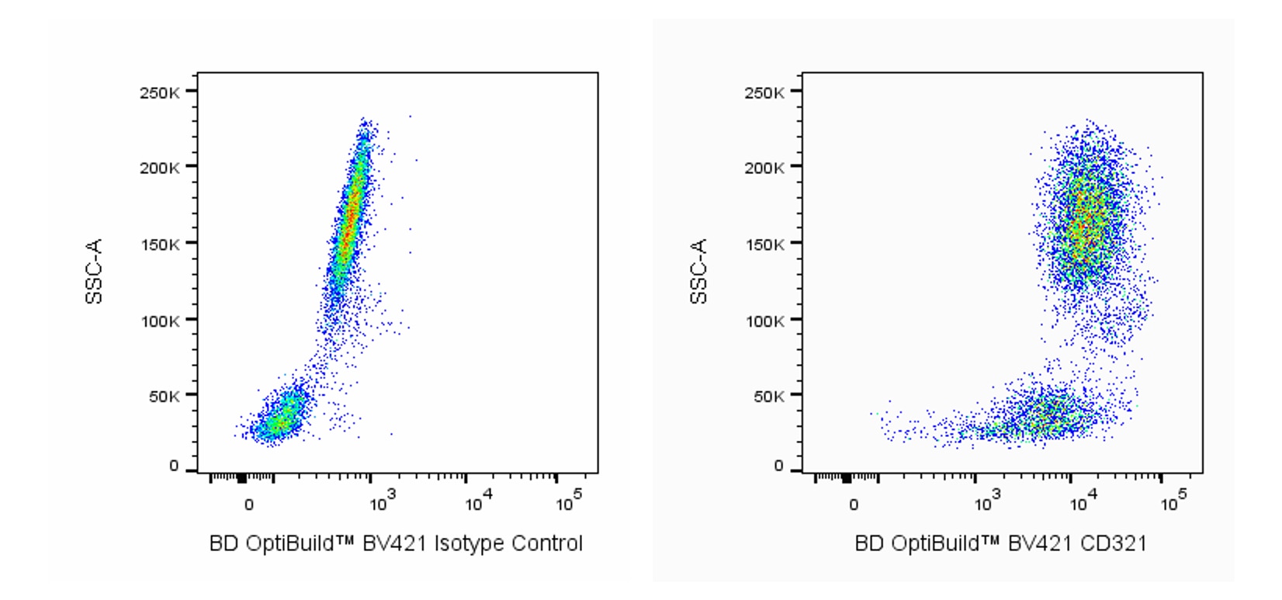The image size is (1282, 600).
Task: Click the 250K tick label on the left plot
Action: point(159,93)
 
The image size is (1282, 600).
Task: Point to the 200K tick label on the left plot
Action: point(159,167)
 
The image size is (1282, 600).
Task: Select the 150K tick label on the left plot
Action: point(159,244)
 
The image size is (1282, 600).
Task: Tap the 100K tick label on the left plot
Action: point(159,320)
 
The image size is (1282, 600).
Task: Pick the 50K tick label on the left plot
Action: point(163,396)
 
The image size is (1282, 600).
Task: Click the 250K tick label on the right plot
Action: point(764,93)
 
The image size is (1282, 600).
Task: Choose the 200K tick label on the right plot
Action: point(764,167)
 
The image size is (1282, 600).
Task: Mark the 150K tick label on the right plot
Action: point(764,244)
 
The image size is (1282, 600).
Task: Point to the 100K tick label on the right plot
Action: point(764,320)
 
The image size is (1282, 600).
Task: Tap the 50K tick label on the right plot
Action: point(767,396)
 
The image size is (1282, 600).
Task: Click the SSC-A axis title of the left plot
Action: point(94,272)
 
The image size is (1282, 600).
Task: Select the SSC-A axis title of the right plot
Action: point(698,272)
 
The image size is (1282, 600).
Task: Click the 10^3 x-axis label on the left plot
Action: point(382,502)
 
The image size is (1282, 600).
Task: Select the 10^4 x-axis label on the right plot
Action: point(1082,502)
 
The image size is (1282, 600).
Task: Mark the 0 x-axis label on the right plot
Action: point(853,505)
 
